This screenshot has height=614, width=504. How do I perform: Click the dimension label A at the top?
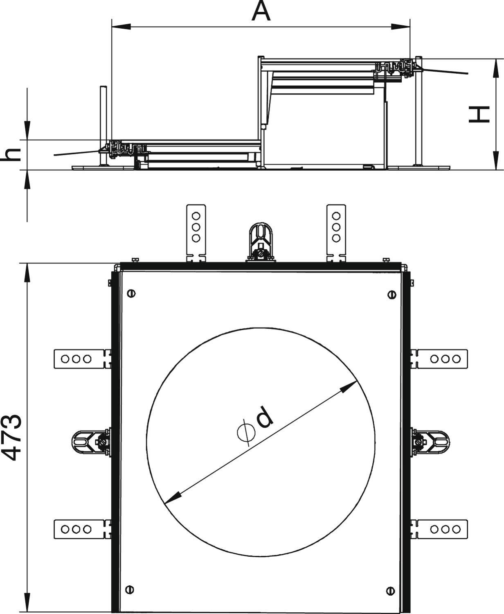pyautogui.click(x=261, y=11)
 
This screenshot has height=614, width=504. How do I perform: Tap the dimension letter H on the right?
pyautogui.click(x=479, y=115)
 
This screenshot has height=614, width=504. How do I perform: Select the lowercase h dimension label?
pyautogui.click(x=11, y=154)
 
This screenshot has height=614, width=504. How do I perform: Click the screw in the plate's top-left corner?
pyautogui.click(x=131, y=293)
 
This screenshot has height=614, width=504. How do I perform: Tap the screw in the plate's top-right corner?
pyautogui.click(x=392, y=295)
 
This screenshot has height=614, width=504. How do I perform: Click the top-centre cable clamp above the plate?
pyautogui.click(x=261, y=242)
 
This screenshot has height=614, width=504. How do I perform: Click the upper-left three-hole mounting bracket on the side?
pyautogui.click(x=83, y=359)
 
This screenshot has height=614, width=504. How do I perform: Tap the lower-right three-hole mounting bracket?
pyautogui.click(x=439, y=529)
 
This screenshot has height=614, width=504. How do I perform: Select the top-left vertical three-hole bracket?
pyautogui.click(x=196, y=233)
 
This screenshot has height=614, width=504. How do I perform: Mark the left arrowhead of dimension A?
pyautogui.click(x=121, y=27)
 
